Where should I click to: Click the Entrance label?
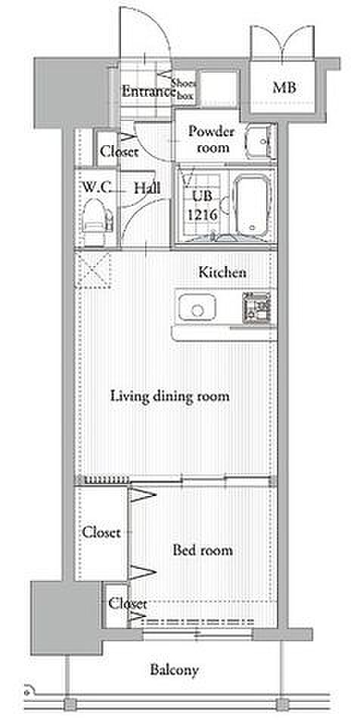point(148,92)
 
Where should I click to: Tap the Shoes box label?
point(185,90)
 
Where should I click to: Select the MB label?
point(284,88)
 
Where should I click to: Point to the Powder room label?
point(211,140)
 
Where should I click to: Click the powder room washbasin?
point(260,141)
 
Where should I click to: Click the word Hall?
point(147,188)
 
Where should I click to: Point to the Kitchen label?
point(222,272)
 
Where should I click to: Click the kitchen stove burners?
point(256,307)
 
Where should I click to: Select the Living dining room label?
point(170,397)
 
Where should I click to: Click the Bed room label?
point(203,550)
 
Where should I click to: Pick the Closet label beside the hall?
point(119,151)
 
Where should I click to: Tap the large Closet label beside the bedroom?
point(101,532)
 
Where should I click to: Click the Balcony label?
point(174,669)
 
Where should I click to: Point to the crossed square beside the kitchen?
point(93,270)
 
